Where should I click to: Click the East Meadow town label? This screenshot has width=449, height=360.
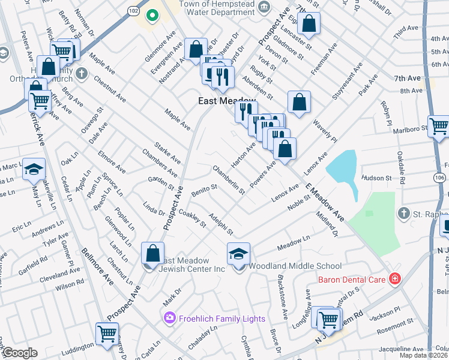click(219, 101)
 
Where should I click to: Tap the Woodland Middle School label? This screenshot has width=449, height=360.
click(295, 266)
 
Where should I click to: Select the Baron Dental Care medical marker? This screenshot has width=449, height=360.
click(394, 278)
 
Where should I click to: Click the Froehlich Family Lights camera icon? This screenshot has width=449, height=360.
click(170, 317)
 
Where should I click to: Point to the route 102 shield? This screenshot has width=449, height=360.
click(133, 11)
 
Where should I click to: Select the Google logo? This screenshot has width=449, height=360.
click(19, 353)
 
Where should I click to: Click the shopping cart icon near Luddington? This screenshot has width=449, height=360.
click(107, 333)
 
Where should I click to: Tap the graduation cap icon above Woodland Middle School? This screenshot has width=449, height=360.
click(238, 254)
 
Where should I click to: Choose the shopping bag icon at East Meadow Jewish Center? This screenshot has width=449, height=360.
click(153, 253)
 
